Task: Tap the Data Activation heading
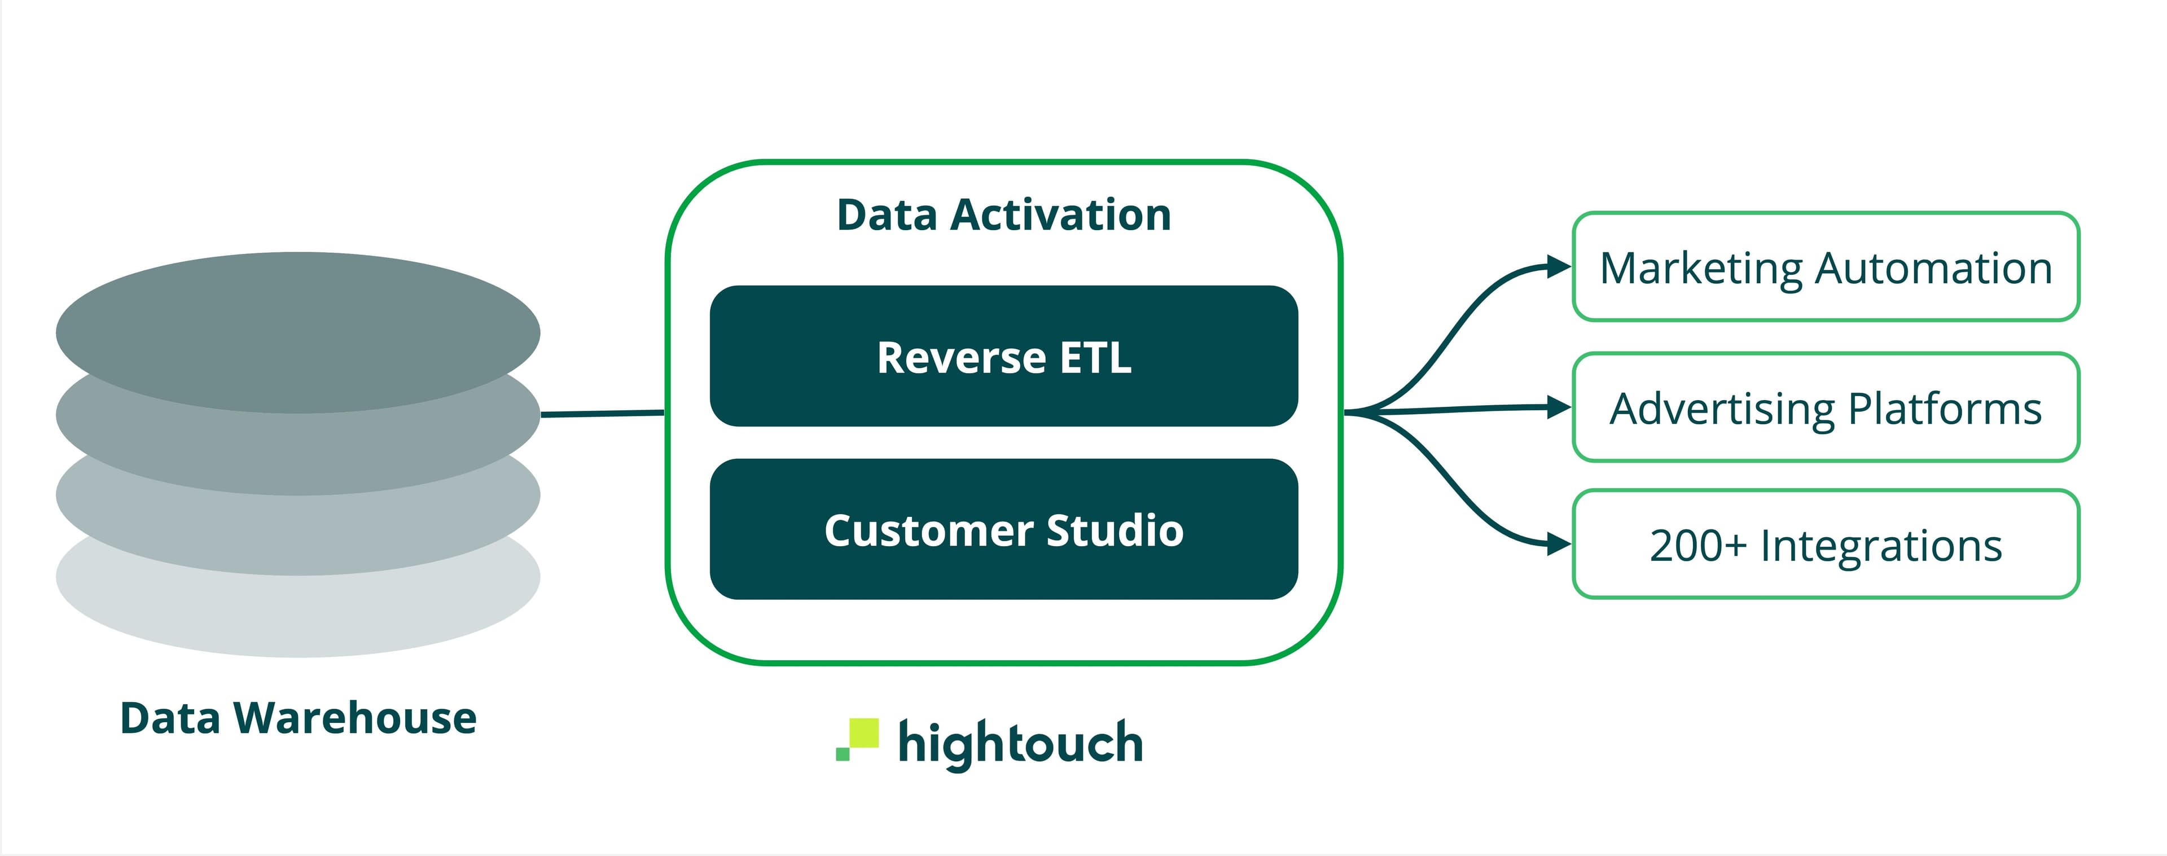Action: (1003, 214)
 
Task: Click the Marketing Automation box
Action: (1826, 267)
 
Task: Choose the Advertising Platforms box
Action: (1826, 408)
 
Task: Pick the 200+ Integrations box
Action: (1826, 545)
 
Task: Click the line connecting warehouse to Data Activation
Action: (602, 413)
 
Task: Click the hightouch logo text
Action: (1020, 743)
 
